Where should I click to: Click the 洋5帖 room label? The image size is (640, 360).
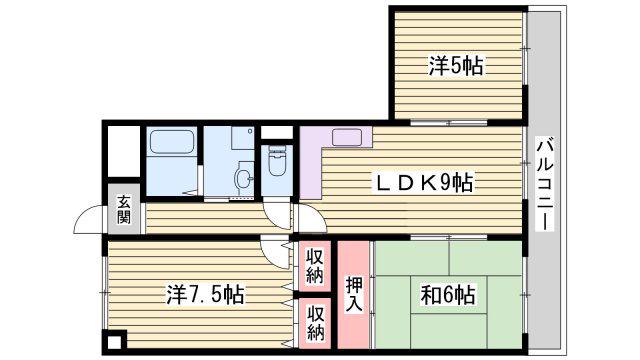coord(456,66)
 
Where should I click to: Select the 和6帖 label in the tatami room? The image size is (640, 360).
coord(448,294)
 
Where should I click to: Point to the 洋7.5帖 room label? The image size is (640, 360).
coord(205,294)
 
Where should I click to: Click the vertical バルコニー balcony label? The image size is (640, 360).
coord(545,185)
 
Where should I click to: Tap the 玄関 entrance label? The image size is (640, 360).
coord(124,209)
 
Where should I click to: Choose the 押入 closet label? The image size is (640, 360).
coord(353,294)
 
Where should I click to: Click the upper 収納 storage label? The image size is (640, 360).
coord(315,266)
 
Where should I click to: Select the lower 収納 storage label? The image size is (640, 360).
coord(316,323)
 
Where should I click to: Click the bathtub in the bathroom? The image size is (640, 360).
coord(171,142)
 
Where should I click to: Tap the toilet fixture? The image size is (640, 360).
coord(277,161)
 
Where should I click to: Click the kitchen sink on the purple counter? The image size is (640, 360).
coord(347,137)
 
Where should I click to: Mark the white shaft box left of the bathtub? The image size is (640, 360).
coord(124,152)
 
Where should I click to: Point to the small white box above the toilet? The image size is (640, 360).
coord(277,133)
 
